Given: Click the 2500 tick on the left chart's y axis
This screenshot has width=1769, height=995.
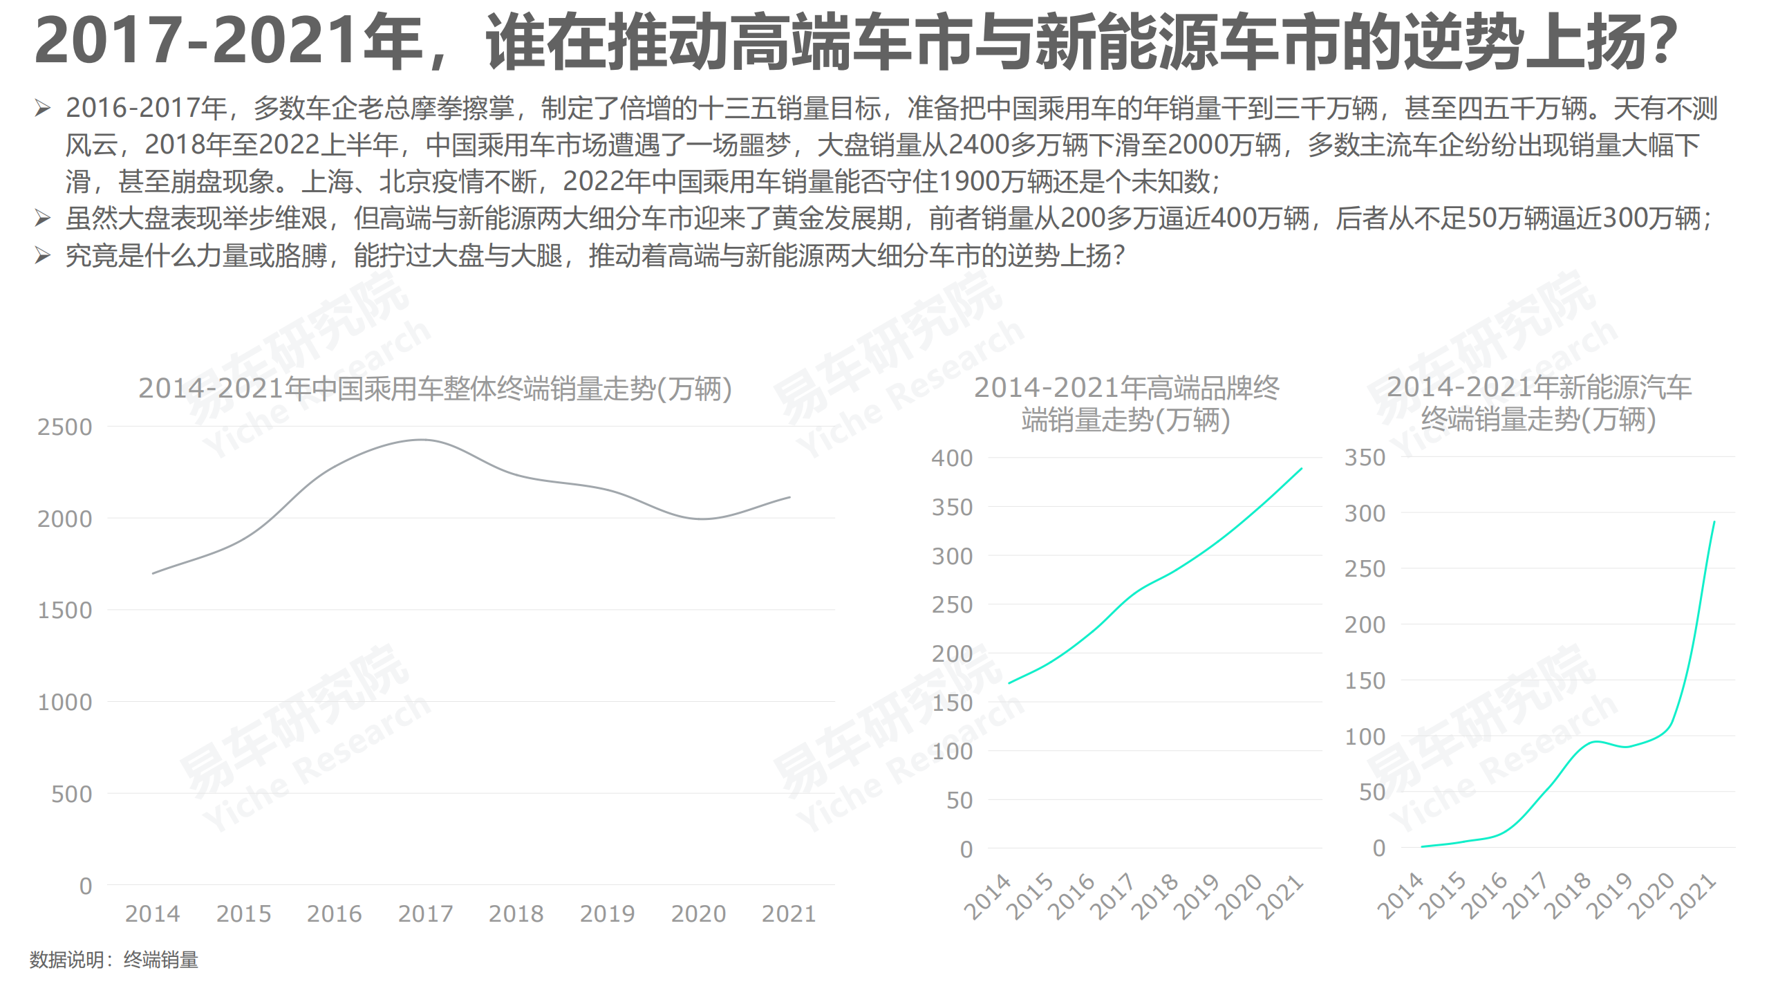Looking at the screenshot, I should pos(64,427).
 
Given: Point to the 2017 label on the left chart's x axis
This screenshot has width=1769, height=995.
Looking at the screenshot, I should pos(425,914).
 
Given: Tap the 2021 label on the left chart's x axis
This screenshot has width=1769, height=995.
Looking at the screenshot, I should pos(789,914).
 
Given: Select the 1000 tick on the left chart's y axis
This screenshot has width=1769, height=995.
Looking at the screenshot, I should pos(64,703).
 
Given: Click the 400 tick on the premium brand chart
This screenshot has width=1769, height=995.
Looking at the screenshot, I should pos(952,458).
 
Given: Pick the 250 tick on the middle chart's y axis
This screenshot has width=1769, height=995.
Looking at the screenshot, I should pos(952,605).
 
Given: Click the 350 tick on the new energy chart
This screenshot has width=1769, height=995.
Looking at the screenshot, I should pos(1365,458).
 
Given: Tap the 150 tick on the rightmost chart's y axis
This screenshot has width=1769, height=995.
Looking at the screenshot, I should pos(1365,681).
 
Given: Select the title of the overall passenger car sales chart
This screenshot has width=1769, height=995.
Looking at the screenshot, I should pos(435,389).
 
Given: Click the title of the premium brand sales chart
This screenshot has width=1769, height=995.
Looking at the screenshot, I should pos(1126,404).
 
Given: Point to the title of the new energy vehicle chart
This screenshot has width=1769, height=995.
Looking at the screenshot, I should pos(1539,403).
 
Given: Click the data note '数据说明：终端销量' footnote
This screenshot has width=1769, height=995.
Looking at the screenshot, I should pos(114,960).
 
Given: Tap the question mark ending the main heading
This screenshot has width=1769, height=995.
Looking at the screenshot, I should pos(1660,43).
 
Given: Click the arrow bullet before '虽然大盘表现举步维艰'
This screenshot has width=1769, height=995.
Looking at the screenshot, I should pos(43,218).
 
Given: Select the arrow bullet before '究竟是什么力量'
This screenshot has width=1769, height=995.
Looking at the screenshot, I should pos(43,256).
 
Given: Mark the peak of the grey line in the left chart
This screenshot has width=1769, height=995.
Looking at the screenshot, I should pos(422,440).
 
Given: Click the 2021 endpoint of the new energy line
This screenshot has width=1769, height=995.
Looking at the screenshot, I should pos(1714,522).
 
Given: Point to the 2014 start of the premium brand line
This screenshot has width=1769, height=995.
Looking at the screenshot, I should pos(1010,683).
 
